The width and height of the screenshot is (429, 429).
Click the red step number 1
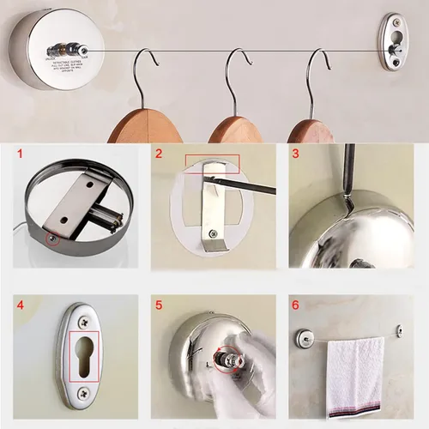point(21,155)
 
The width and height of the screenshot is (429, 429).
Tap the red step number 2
point(159,155)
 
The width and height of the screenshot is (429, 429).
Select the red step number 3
point(296,155)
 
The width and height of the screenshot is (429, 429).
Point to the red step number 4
point(21,303)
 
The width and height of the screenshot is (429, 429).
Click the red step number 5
point(159,303)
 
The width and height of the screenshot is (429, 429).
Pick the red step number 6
point(296,303)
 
